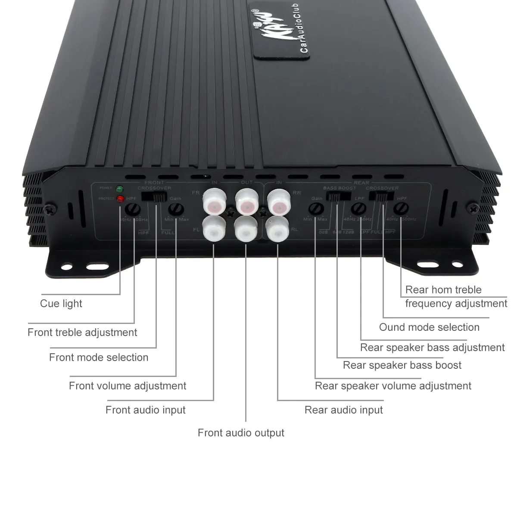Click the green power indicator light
(x=119, y=189)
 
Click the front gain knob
(x=175, y=209)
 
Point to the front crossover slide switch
(x=155, y=197)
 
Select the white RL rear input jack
(x=278, y=230)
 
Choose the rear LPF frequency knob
(x=358, y=209)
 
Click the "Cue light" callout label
(x=61, y=304)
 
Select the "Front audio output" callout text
(x=241, y=433)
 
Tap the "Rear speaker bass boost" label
(x=402, y=365)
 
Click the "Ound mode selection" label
(x=429, y=327)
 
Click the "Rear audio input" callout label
(x=343, y=410)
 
